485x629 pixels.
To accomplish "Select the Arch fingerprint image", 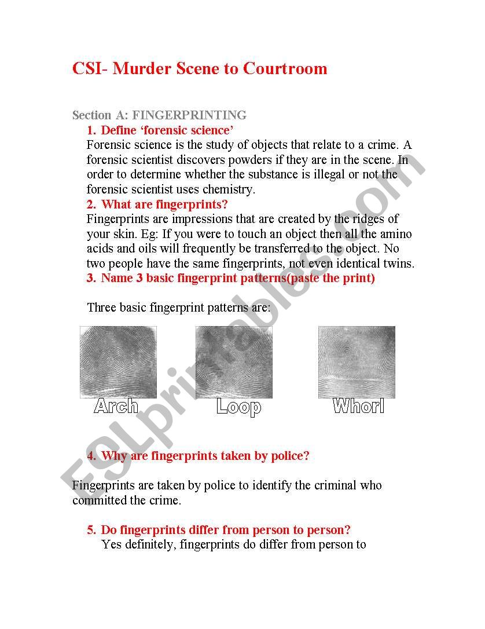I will pyautogui.click(x=118, y=362).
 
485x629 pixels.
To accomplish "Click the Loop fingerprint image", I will pyautogui.click(x=234, y=362).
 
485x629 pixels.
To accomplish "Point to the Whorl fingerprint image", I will pyautogui.click(x=357, y=362).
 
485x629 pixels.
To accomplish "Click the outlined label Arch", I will pyautogui.click(x=116, y=406).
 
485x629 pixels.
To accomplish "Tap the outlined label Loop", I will pyautogui.click(x=238, y=407).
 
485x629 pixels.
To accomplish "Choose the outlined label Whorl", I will pyautogui.click(x=359, y=406).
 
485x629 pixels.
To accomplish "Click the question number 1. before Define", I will pyautogui.click(x=91, y=130).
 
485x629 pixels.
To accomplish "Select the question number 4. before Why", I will pyautogui.click(x=91, y=456).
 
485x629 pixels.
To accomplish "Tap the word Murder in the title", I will pyautogui.click(x=138, y=69).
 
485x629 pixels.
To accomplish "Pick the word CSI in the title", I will pyautogui.click(x=86, y=69).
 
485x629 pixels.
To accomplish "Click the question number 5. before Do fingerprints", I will pyautogui.click(x=91, y=530).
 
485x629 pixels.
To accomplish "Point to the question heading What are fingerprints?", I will pyautogui.click(x=164, y=204).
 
